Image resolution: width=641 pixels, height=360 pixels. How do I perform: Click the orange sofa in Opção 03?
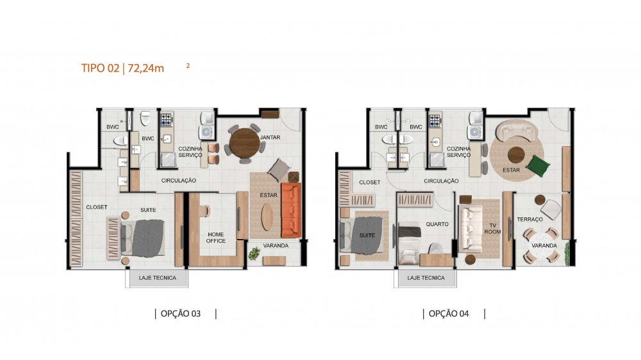[291, 210]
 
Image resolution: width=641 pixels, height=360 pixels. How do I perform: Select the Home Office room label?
[215, 238]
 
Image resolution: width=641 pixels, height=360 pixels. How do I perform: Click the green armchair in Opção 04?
[538, 165]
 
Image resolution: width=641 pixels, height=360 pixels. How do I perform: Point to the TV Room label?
[492, 229]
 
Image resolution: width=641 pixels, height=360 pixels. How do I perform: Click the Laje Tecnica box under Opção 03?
[157, 278]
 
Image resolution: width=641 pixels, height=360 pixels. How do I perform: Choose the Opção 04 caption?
[449, 313]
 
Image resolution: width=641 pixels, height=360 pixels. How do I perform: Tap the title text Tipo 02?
[100, 68]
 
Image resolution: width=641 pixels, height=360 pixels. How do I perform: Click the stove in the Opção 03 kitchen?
[166, 119]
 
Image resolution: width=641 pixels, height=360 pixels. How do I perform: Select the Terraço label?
[530, 220]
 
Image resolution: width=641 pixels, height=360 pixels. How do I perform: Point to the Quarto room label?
[437, 224]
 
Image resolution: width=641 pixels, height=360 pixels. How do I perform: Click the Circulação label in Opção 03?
[178, 180]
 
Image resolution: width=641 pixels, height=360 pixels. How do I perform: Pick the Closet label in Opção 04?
[370, 183]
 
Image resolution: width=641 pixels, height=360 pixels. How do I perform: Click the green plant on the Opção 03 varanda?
[254, 254]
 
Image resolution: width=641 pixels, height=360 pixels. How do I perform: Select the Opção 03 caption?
[180, 313]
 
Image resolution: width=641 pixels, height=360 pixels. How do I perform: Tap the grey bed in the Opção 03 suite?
[143, 238]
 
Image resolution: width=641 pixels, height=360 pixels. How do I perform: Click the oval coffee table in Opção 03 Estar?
[267, 216]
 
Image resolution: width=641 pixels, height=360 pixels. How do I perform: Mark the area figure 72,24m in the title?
[146, 68]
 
